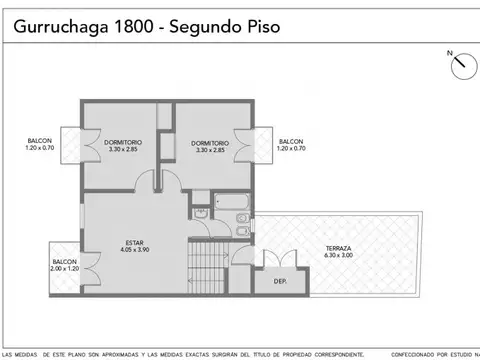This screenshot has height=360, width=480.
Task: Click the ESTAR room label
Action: coord(135,240)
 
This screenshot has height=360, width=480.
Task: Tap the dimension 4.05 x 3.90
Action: coord(135,248)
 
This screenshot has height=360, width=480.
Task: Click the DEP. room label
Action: coord(280,282)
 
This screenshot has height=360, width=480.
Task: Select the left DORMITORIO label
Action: coord(122,142)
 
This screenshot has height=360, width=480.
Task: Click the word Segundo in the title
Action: coord(205,27)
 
